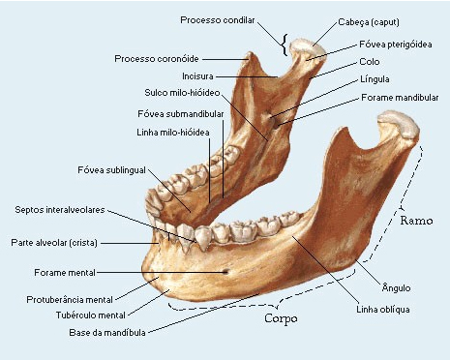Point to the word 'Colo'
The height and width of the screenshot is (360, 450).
tap(369, 61)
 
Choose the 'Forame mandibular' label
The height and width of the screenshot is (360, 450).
tap(400, 98)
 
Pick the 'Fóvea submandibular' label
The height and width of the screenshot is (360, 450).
tap(182, 113)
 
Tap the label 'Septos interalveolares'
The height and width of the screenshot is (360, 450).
tap(60, 209)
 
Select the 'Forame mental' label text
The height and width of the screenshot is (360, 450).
tap(64, 273)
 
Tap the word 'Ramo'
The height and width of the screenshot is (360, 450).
tap(418, 221)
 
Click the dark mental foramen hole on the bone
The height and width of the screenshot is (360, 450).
tap(227, 272)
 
